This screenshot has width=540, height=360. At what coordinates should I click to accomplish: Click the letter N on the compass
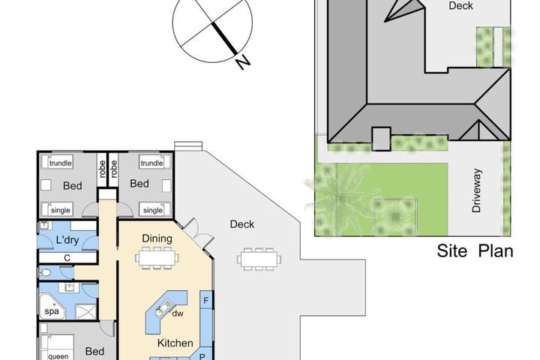[243, 62]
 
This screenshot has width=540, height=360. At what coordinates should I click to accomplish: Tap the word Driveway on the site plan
[476, 190]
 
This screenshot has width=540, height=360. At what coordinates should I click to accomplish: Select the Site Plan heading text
[475, 250]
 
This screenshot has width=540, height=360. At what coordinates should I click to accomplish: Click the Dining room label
[157, 238]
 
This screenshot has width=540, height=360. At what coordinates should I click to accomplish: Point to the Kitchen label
[175, 343]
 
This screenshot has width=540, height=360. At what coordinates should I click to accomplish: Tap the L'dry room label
[67, 240]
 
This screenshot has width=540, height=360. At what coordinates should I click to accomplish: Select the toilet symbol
[45, 273]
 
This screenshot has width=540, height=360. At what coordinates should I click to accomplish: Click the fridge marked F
[206, 301]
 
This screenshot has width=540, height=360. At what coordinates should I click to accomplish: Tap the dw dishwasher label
[177, 313]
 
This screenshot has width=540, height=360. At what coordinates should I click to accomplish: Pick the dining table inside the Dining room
[157, 258]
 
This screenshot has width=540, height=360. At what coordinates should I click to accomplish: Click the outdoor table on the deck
[259, 259]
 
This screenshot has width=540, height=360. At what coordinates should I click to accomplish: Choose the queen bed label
[58, 356]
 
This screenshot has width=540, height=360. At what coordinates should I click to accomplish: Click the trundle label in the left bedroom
[60, 163]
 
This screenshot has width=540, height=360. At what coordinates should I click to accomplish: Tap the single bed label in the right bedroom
[152, 210]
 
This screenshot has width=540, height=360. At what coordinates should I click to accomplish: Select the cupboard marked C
[67, 258]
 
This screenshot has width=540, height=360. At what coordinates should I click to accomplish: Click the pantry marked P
[202, 356]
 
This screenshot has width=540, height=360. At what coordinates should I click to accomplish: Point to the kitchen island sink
[163, 308]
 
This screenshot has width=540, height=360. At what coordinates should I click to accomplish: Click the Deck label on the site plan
[460, 6]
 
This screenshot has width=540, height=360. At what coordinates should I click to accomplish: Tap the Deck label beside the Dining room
[242, 224]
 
